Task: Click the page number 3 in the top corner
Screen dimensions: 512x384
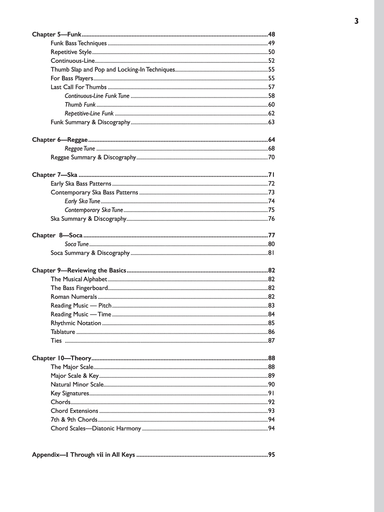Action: [356, 21]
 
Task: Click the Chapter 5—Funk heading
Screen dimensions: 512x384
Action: [57, 34]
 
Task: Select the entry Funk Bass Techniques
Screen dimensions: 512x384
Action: [79, 43]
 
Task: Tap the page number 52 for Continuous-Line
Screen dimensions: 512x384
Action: [271, 61]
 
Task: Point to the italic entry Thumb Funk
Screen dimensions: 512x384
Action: [80, 105]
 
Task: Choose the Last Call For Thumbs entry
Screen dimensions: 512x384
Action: [79, 87]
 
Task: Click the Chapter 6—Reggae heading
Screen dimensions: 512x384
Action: [60, 140]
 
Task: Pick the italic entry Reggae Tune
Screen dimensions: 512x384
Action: [80, 149]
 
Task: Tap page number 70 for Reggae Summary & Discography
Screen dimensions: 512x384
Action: [271, 157]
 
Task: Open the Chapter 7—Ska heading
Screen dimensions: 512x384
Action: [55, 175]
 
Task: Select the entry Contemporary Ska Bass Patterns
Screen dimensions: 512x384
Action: [94, 192]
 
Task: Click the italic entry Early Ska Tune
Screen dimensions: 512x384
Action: [82, 201]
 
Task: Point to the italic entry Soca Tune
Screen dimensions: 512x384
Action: [77, 244]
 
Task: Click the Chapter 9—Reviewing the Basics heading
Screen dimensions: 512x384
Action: [79, 271]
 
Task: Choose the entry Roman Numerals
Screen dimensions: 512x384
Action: [74, 297]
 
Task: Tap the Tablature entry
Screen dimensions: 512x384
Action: [63, 332]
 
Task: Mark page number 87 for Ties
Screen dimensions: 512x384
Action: [271, 341]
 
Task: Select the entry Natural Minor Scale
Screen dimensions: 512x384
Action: [77, 385]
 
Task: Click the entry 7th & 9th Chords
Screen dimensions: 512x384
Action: [74, 419]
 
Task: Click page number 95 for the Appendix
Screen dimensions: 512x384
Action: [271, 455]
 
